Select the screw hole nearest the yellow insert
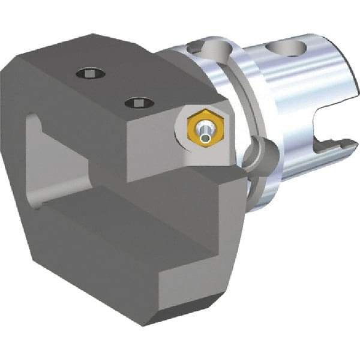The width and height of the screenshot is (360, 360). pyautogui.click(x=139, y=103)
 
